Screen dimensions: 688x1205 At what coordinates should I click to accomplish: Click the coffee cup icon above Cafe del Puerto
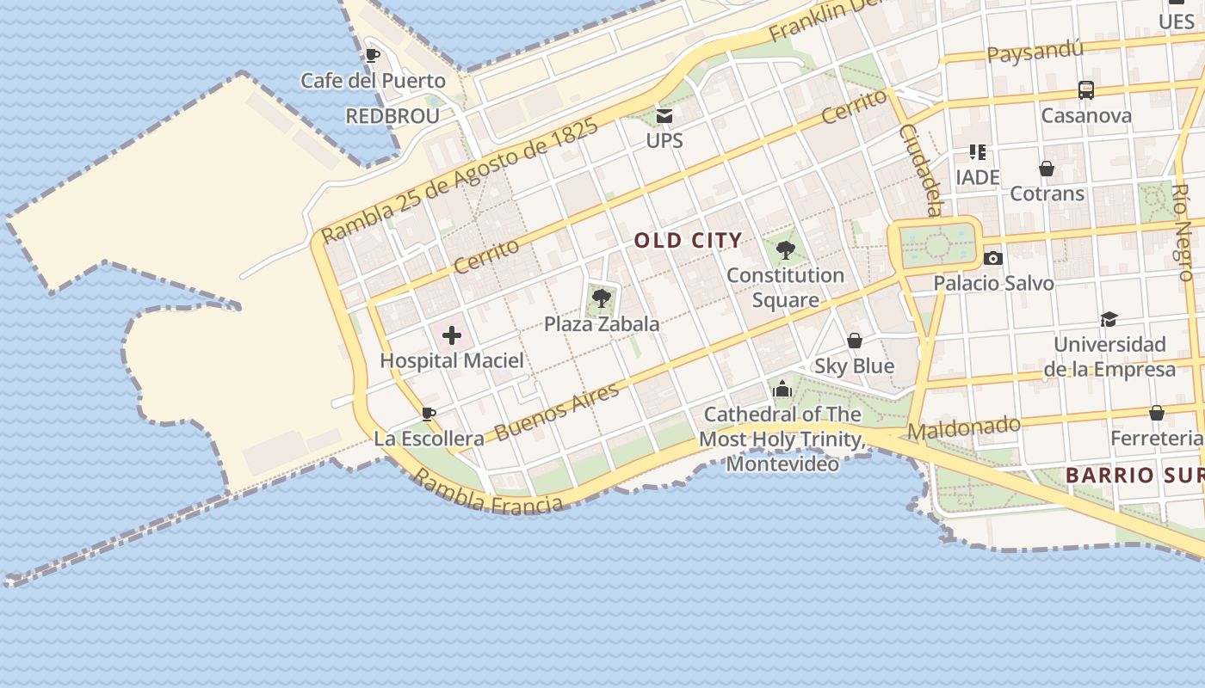(372, 56)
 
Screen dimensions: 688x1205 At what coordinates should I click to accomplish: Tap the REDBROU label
(392, 116)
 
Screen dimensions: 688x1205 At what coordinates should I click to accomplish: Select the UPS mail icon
(664, 115)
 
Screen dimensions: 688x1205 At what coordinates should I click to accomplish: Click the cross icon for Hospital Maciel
(452, 335)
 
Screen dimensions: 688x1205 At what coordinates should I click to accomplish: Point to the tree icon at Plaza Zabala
(602, 298)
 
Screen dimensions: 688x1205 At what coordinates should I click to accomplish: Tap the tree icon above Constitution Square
(785, 250)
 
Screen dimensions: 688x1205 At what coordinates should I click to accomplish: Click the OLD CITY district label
(688, 241)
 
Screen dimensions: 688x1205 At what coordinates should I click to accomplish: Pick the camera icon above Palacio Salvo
(992, 258)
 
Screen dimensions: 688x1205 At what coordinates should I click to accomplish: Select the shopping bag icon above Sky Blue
(854, 341)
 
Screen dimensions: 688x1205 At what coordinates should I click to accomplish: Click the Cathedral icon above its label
(782, 389)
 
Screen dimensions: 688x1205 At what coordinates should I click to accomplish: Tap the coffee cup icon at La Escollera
(428, 415)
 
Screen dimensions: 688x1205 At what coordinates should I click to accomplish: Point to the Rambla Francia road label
(488, 493)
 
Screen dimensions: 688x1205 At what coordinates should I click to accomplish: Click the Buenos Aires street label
(557, 411)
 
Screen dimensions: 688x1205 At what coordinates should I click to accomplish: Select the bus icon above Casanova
(1085, 90)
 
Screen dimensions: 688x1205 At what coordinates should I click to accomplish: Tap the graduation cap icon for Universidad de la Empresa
(1109, 320)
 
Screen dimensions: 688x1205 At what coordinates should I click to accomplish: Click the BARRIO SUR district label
(1134, 475)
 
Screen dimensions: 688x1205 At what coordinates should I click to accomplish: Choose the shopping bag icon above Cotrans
(1047, 169)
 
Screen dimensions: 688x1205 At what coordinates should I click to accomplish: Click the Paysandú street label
(1035, 52)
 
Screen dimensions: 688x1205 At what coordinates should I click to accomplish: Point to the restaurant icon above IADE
(977, 152)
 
